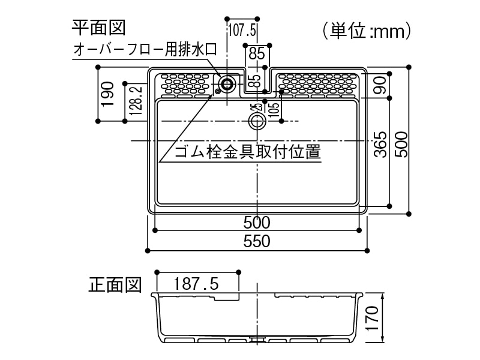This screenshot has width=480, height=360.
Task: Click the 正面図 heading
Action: [x=115, y=284]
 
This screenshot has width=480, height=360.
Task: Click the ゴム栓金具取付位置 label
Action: [x=247, y=152]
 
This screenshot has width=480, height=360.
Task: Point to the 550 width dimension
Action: [x=257, y=241]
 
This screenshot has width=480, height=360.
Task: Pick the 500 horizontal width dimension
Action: [x=257, y=222]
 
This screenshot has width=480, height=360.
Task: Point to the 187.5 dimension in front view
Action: [x=196, y=282]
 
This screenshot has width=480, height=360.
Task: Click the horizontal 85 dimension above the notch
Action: [x=257, y=53]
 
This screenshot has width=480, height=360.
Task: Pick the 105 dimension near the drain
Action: [x=274, y=110]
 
